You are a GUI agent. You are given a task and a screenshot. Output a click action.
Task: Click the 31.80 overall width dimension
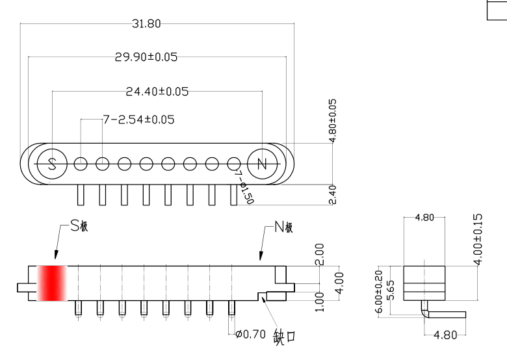[x=146, y=24]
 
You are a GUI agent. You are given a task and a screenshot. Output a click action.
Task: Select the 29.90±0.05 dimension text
[x=146, y=57]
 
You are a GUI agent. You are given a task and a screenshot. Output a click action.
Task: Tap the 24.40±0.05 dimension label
[x=157, y=92]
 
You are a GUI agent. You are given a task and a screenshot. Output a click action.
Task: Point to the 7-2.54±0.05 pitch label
[x=138, y=120]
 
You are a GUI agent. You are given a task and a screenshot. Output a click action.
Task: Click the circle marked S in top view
[x=53, y=163]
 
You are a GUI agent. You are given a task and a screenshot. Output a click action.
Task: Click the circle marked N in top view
[x=262, y=163]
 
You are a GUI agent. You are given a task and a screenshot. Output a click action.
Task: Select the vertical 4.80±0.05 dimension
[x=333, y=121]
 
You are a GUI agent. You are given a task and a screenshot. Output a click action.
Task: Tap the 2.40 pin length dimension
[x=333, y=194]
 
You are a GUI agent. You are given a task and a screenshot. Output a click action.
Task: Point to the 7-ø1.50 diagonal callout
[x=244, y=188]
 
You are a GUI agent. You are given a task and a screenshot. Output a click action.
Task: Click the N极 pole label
[x=284, y=227]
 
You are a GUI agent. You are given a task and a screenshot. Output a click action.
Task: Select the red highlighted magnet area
[x=52, y=283]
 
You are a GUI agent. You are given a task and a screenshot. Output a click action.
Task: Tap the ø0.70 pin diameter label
[x=250, y=335]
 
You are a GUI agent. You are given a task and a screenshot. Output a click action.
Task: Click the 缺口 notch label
[x=285, y=337]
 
